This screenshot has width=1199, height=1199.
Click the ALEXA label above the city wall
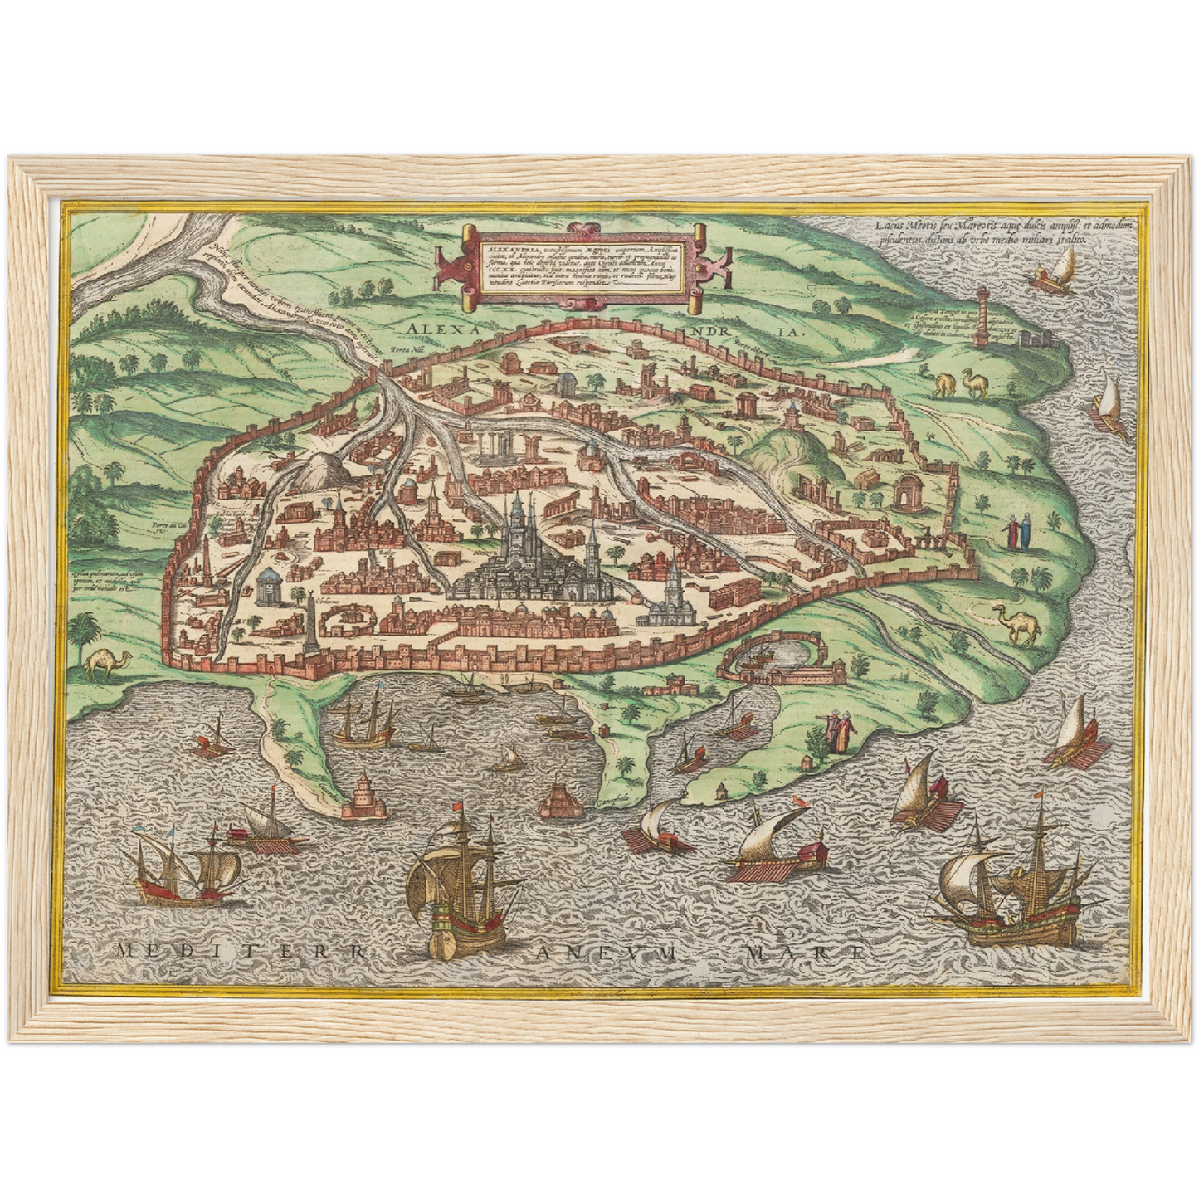pyautogui.click(x=441, y=329)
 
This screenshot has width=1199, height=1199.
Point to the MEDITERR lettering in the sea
pyautogui.click(x=241, y=951)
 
